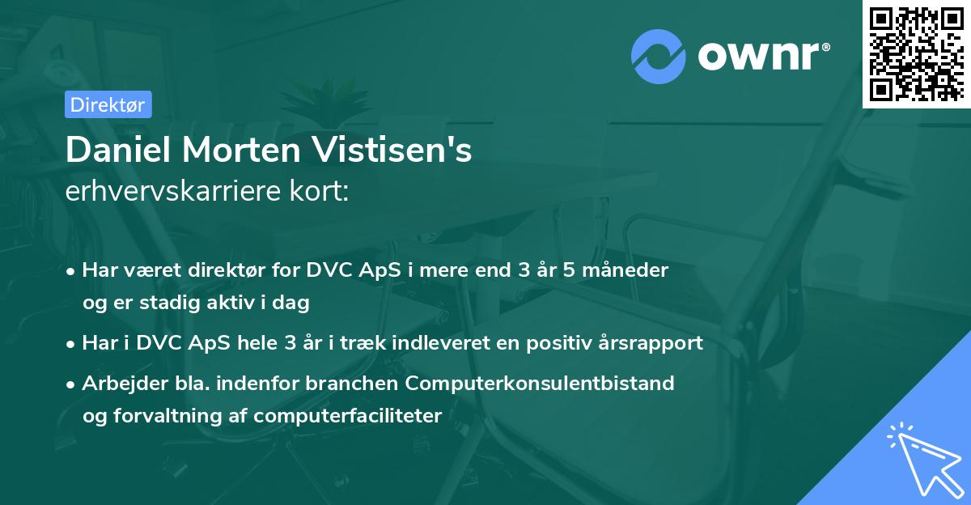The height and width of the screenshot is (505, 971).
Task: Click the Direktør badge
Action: click(108, 104)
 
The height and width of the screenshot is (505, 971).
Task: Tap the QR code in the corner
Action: click(916, 53)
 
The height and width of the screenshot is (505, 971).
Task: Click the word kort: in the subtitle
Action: click(321, 192)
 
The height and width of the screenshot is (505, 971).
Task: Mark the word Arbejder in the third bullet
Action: click(120, 383)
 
